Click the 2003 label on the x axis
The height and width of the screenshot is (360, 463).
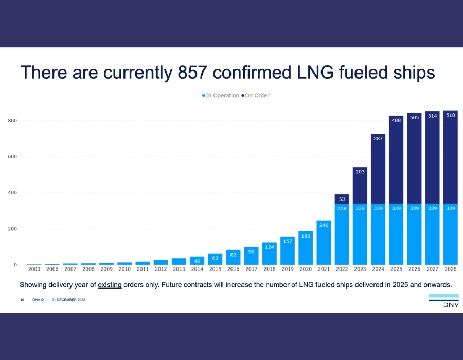34,269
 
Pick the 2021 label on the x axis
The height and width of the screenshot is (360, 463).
324,269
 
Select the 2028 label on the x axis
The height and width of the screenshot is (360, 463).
450,269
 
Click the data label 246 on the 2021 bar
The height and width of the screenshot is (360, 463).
324,225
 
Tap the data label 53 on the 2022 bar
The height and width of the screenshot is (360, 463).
342,199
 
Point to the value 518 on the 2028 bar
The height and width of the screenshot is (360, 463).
450,115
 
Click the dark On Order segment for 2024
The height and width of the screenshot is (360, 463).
378,165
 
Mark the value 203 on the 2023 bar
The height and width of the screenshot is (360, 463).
360,172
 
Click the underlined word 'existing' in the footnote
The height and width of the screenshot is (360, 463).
110,284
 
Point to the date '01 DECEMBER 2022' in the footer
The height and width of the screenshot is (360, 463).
68,300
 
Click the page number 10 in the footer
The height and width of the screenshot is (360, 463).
23,300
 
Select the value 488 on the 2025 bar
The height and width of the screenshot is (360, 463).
396,120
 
